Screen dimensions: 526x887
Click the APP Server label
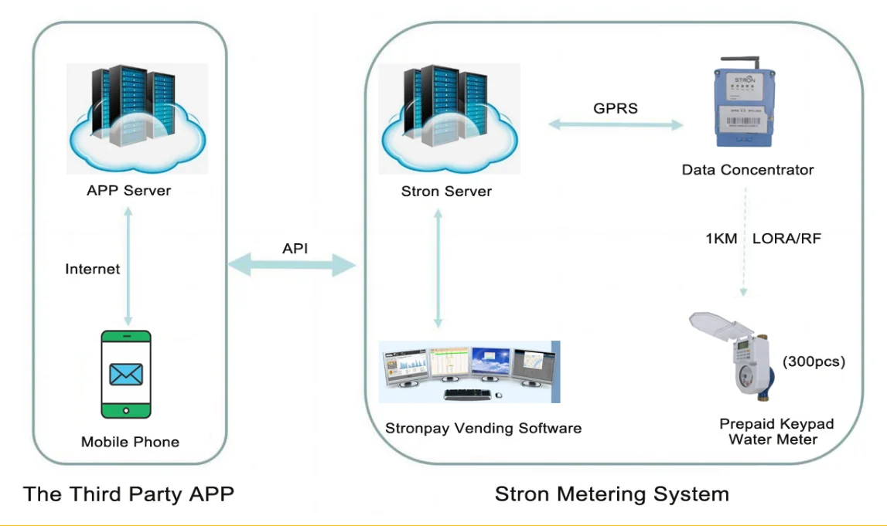pyautogui.click(x=128, y=190)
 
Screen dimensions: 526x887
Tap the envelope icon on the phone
pyautogui.click(x=126, y=375)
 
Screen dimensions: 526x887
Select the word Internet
pyautogui.click(x=93, y=269)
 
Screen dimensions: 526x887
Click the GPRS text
pyautogui.click(x=616, y=108)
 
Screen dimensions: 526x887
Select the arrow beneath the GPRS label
pyautogui.click(x=616, y=124)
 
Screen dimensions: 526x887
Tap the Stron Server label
pyautogui.click(x=446, y=192)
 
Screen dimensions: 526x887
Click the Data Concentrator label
pyautogui.click(x=747, y=169)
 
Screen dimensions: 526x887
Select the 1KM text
pyautogui.click(x=720, y=238)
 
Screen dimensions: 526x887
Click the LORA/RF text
pyautogui.click(x=786, y=238)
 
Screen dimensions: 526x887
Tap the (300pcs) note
pyautogui.click(x=814, y=361)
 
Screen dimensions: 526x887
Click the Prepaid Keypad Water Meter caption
pyautogui.click(x=776, y=432)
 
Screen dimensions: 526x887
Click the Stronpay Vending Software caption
pyautogui.click(x=483, y=427)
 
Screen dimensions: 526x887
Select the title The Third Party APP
pyautogui.click(x=128, y=494)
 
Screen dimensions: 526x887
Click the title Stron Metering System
pyautogui.click(x=612, y=494)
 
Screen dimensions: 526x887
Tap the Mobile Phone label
pyautogui.click(x=130, y=442)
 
